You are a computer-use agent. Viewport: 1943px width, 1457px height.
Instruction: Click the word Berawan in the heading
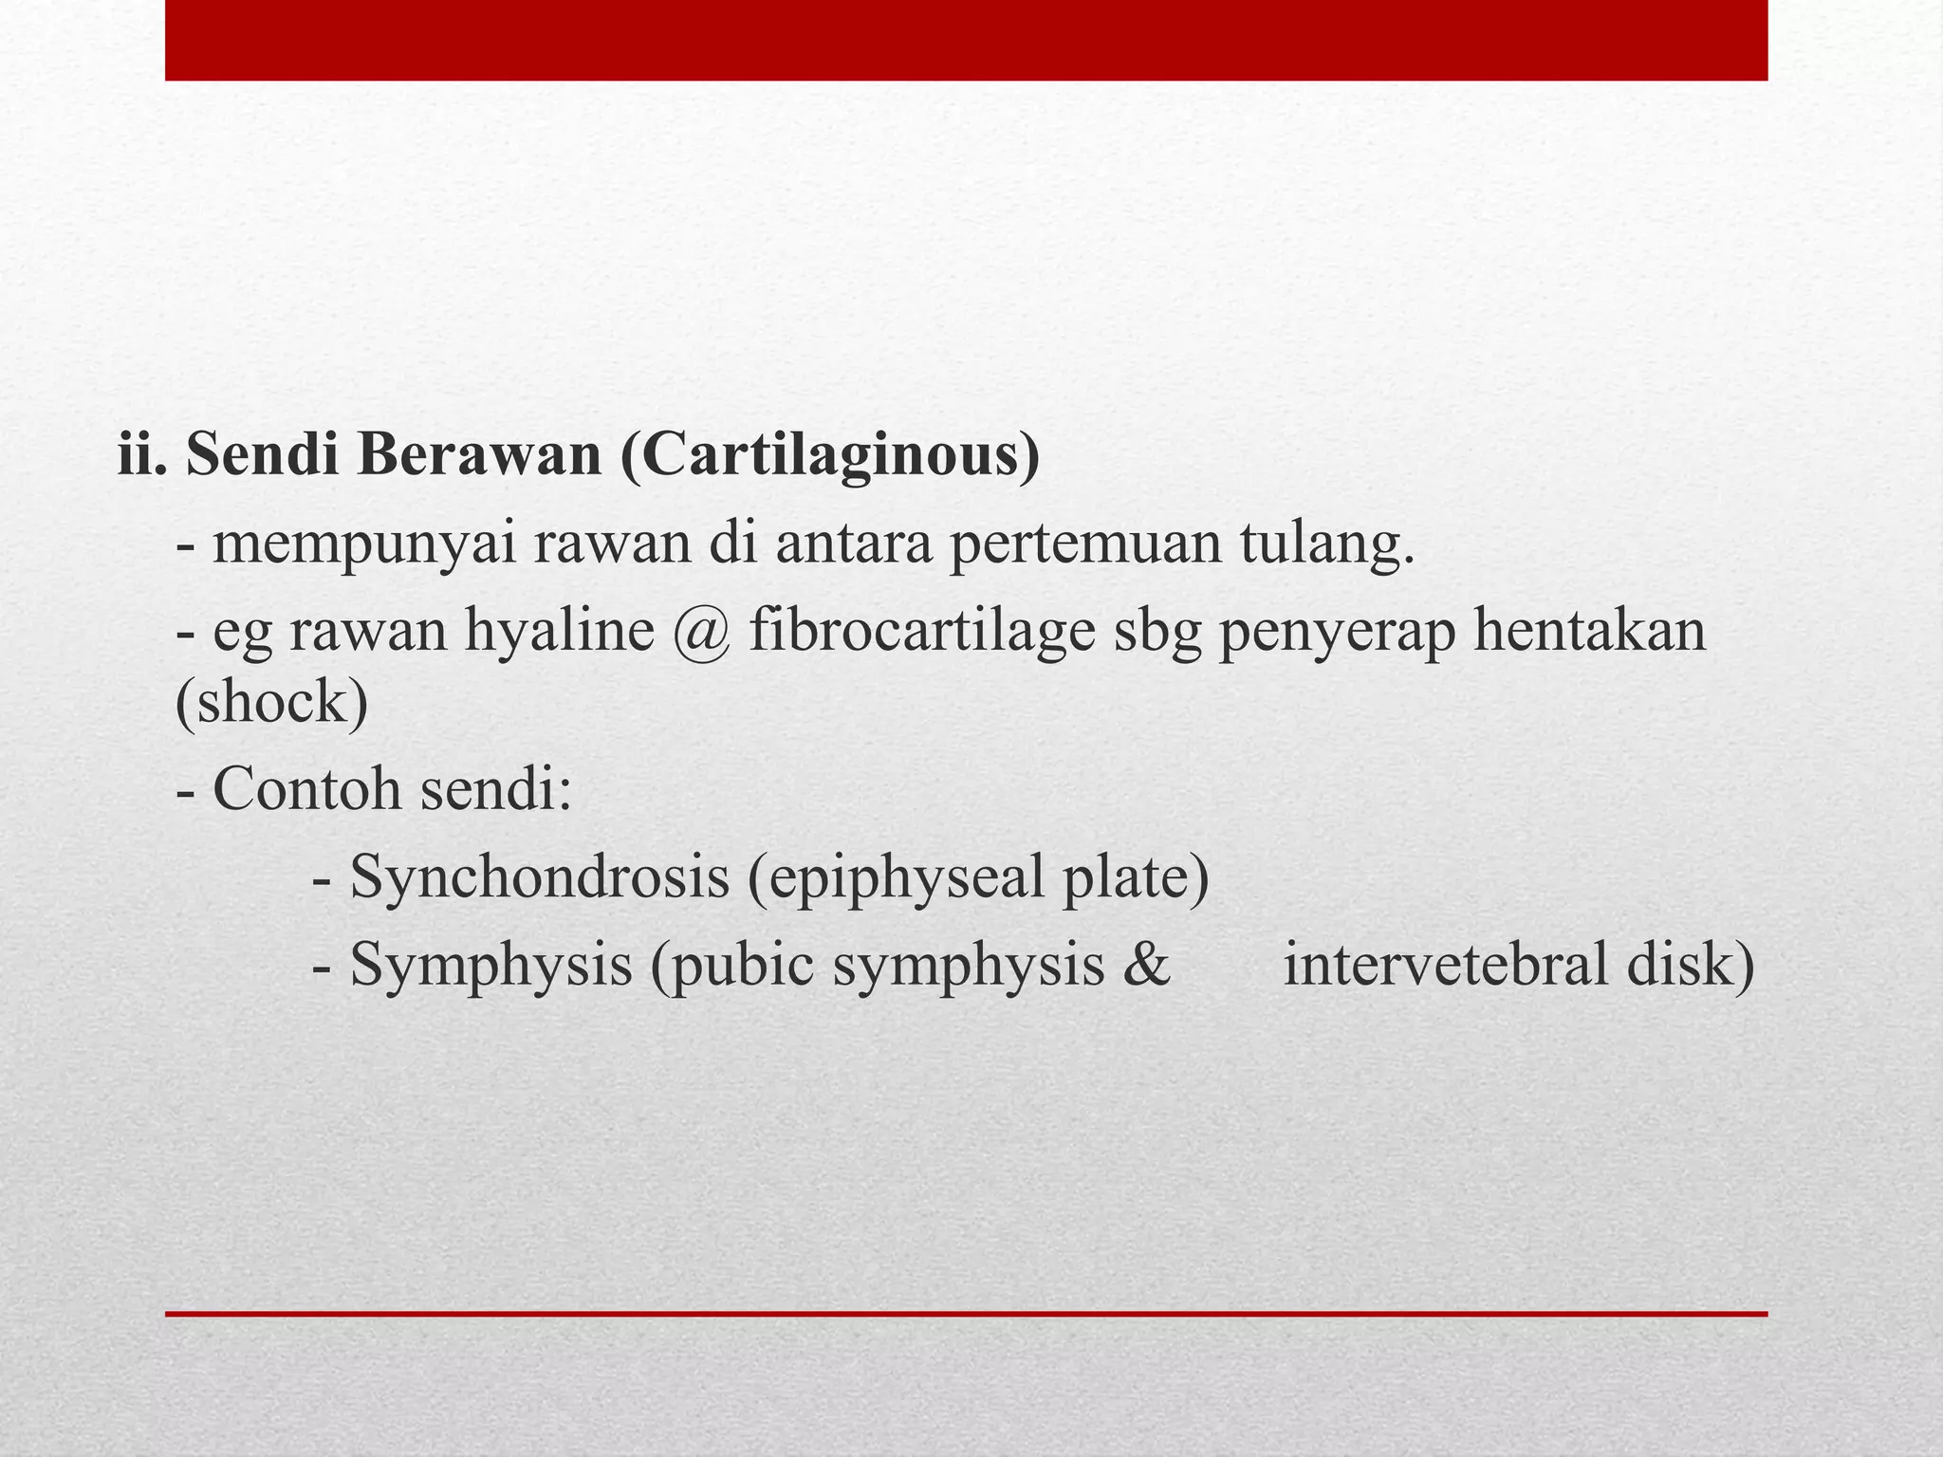pos(480,455)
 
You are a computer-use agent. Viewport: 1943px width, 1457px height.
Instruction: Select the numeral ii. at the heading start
pos(142,455)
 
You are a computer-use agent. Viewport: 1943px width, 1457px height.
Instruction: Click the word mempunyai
pos(364,546)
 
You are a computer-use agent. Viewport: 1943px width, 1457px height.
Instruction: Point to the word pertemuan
pos(1085,546)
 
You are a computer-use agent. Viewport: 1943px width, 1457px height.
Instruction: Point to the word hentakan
pos(1589,631)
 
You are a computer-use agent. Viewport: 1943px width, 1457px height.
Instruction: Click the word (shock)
pos(272,703)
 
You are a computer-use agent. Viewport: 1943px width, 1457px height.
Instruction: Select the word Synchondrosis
pos(540,876)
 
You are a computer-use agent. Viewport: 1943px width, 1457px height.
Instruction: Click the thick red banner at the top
pos(966,40)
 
